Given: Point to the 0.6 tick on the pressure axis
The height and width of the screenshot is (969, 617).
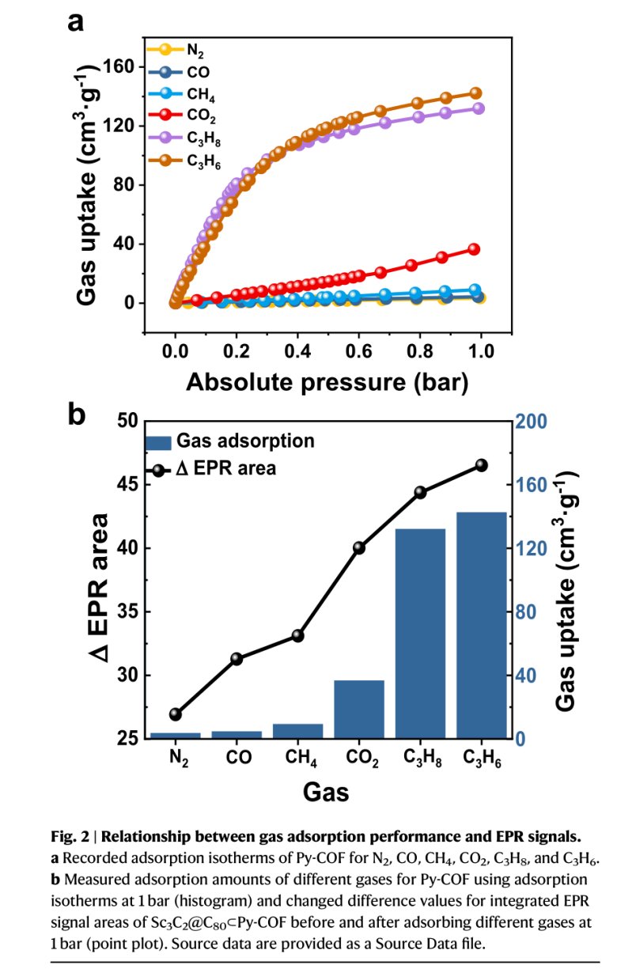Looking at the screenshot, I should pyautogui.click(x=358, y=349).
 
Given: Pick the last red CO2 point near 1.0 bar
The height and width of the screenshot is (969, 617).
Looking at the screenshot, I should pyautogui.click(x=474, y=249).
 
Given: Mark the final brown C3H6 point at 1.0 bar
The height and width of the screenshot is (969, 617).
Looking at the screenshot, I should pyautogui.click(x=476, y=93).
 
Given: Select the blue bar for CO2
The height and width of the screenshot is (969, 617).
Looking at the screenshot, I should pyautogui.click(x=359, y=709).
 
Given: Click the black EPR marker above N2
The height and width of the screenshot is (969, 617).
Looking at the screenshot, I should pyautogui.click(x=176, y=714).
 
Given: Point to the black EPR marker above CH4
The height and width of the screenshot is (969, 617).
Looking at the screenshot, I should pyautogui.click(x=298, y=635).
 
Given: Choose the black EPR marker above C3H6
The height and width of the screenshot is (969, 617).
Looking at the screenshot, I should pyautogui.click(x=481, y=465).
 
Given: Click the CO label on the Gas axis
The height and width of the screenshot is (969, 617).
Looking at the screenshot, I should pyautogui.click(x=238, y=757).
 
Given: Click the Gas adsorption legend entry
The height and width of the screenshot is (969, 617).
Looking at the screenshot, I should pyautogui.click(x=229, y=441).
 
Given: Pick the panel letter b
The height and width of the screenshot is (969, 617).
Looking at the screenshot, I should pyautogui.click(x=76, y=414).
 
